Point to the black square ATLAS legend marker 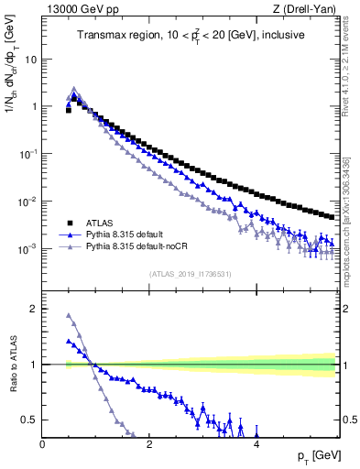pyautogui.click(x=70, y=223)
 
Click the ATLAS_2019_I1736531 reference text pyautogui.click(x=191, y=274)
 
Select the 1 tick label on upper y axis pyautogui.click(x=33, y=106)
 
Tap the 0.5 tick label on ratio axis pyautogui.click(x=29, y=420)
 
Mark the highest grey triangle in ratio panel pyautogui.click(x=69, y=316)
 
